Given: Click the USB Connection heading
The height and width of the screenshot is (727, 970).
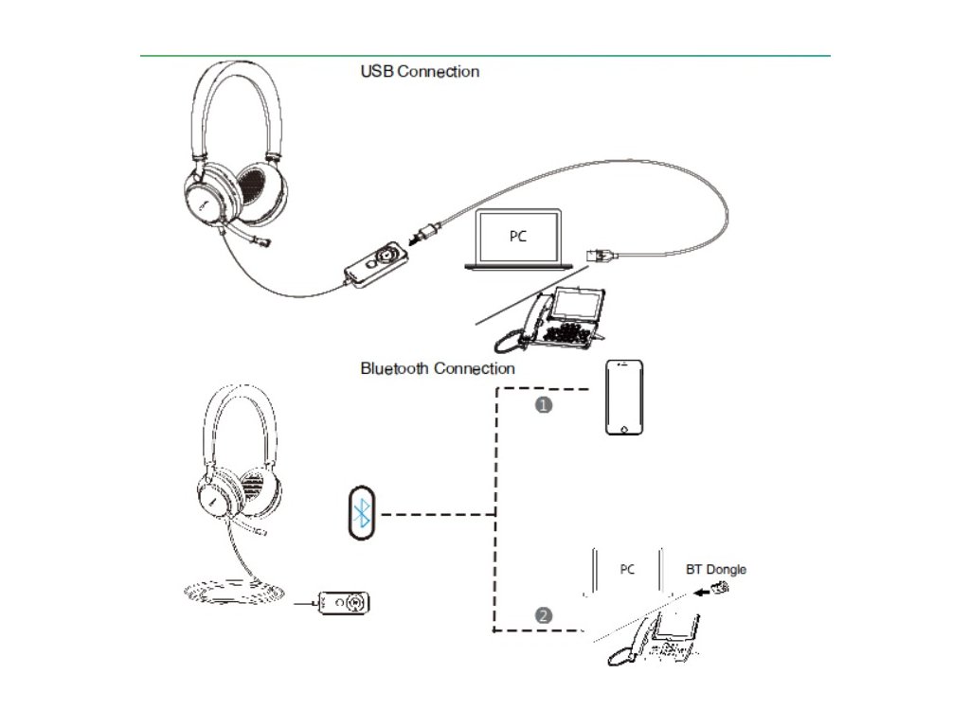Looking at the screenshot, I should (x=420, y=71).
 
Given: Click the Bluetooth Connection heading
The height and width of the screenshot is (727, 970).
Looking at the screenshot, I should (x=438, y=368).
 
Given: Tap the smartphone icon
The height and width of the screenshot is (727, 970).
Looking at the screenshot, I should (x=625, y=397).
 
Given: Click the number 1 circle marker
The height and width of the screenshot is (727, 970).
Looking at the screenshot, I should (x=544, y=404).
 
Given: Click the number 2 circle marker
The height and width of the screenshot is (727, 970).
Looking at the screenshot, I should (x=543, y=615).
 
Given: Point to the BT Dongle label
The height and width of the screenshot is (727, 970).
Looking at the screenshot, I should (x=715, y=569).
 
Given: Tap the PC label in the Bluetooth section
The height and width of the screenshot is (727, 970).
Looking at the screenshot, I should (x=627, y=569).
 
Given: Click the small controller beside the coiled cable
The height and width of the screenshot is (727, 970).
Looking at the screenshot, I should (x=346, y=602).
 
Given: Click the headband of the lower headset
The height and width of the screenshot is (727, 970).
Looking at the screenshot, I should (x=240, y=407).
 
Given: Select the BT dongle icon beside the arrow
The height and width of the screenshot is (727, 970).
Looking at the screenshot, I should (x=719, y=588).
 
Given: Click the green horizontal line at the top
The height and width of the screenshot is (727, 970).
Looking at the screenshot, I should (x=485, y=56).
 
